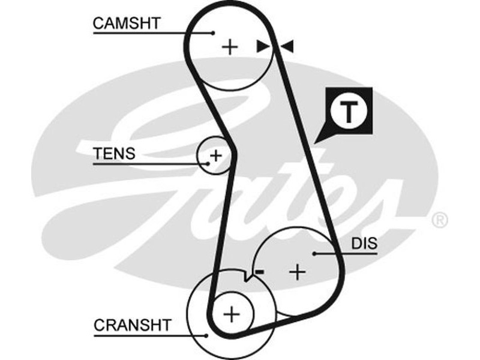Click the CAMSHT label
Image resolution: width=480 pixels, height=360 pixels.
coord(127,23)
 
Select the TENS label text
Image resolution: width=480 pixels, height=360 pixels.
coord(114,154)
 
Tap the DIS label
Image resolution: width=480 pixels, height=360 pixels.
coord(364,244)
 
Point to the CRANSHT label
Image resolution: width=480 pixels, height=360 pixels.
coord(132,325)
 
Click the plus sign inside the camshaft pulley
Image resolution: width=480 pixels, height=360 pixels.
coord(230,47)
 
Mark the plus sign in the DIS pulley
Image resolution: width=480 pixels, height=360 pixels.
coord(297,272)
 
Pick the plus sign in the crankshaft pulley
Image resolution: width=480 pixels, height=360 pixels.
coord(231,313)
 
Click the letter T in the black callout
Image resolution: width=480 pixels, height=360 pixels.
coord(350,112)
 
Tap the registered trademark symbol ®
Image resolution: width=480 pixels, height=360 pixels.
coord(440,220)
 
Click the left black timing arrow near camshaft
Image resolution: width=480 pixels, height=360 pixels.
coord(262,46)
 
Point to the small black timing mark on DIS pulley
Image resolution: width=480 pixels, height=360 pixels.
coord(260,272)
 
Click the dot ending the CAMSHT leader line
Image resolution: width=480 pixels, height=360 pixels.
coord(213,32)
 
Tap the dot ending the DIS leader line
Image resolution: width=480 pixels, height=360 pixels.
coord(313,253)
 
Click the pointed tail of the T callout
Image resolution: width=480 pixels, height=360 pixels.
coord(317,140)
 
